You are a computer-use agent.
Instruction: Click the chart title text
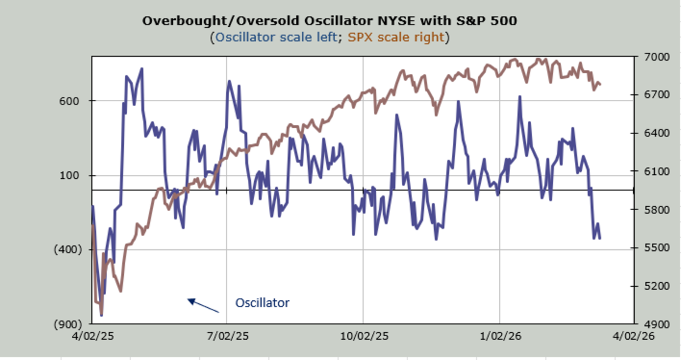(x=330, y=21)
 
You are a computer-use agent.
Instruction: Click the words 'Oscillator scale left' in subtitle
(x=279, y=37)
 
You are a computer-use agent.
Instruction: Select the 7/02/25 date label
(x=226, y=336)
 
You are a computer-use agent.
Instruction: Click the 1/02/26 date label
(x=499, y=336)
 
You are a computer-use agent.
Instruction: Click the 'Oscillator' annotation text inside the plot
(x=262, y=303)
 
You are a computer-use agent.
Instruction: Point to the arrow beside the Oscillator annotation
(x=203, y=306)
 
